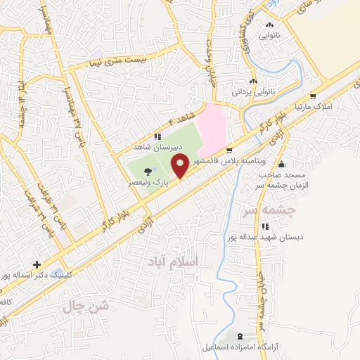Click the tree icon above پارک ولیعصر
[x=146, y=162]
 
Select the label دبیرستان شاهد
[x=159, y=148]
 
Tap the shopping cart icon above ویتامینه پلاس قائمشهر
[x=230, y=150]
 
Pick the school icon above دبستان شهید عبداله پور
[x=265, y=226]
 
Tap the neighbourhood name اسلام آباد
[x=175, y=262]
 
